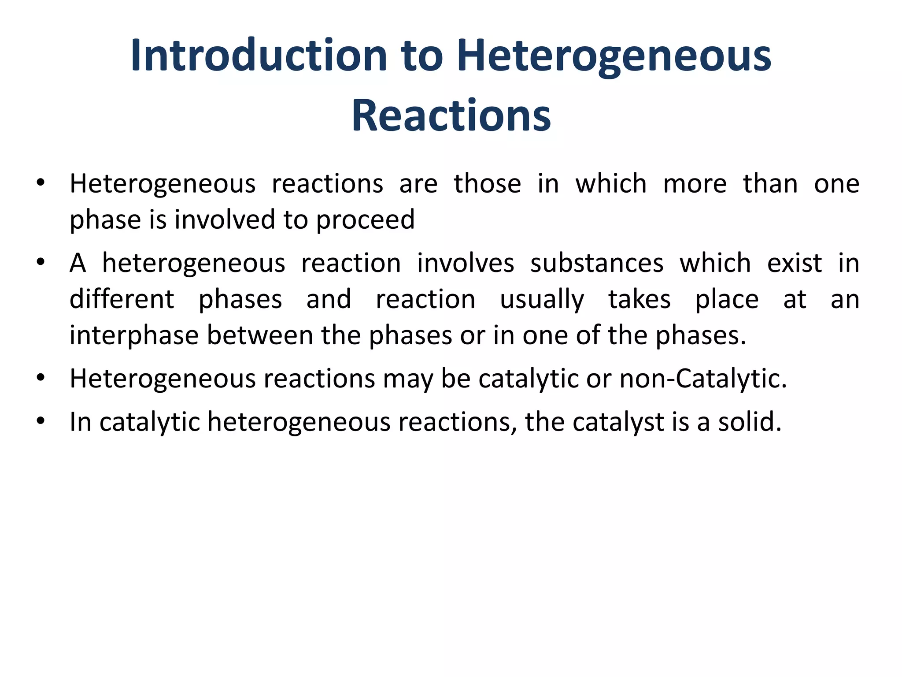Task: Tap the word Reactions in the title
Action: point(451,115)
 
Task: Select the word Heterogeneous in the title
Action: point(614,56)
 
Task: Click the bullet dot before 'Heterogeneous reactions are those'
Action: point(41,183)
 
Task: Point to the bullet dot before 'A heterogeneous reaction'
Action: point(41,263)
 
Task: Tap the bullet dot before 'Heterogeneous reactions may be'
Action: point(41,378)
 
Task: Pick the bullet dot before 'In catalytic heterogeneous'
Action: point(41,421)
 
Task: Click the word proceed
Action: point(365,219)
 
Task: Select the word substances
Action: point(597,263)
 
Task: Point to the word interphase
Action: point(134,335)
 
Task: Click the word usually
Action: point(542,300)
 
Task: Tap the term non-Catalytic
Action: point(703,379)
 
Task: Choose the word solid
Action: point(750,422)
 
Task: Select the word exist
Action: point(794,263)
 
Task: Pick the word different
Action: point(122,299)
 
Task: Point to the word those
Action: point(488,183)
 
